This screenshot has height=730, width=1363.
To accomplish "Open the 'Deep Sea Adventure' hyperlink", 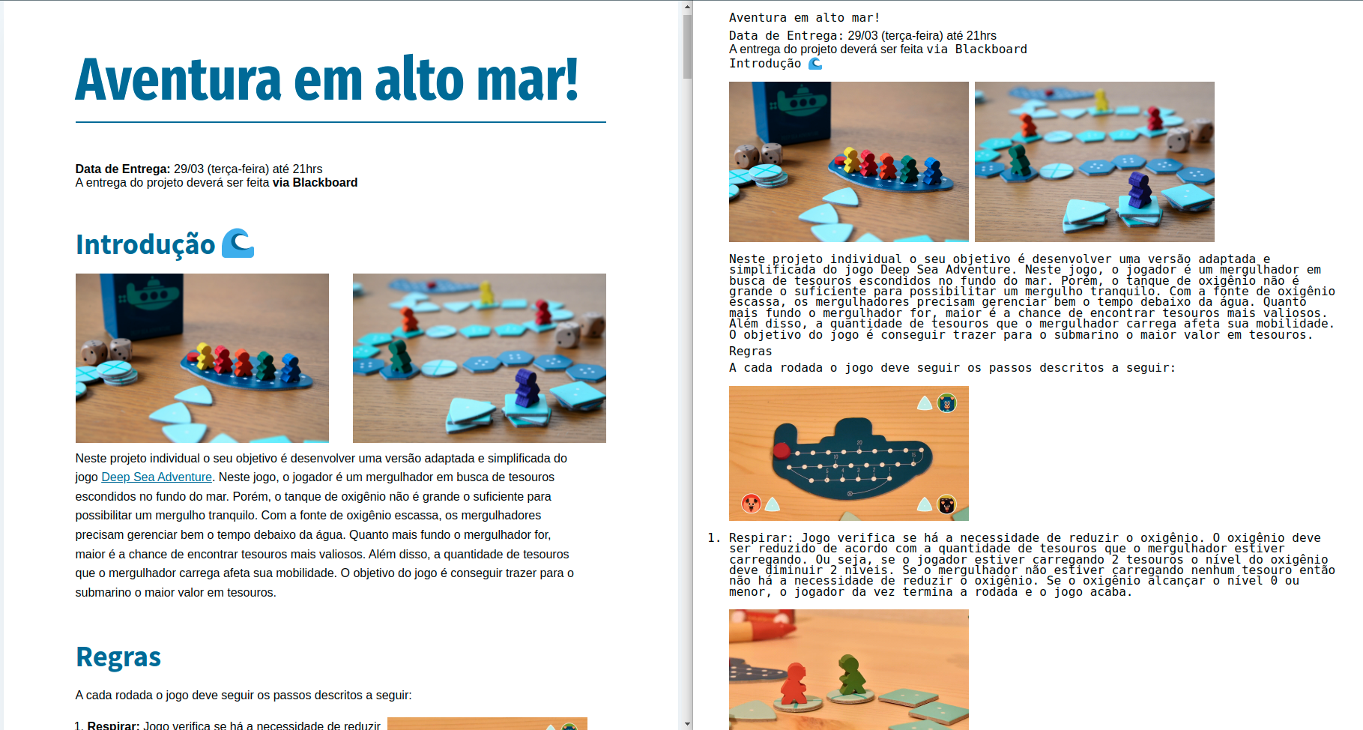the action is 157,477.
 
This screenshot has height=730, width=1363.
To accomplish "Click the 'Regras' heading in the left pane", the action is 118,657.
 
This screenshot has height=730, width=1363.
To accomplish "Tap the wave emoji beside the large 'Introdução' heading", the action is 238,244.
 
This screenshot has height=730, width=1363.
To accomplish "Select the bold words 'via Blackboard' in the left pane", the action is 315,182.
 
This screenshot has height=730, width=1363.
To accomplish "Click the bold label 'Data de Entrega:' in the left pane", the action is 123,169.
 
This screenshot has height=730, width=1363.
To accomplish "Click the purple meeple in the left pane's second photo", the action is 527,387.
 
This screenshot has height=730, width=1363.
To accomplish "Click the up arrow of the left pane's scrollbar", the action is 687,7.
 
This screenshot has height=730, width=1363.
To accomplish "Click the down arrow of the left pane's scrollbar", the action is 687,724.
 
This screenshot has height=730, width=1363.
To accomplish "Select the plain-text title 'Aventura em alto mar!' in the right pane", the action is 804,17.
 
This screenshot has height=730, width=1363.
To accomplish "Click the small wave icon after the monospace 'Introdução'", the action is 815,63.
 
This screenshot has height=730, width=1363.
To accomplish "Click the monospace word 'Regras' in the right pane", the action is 750,351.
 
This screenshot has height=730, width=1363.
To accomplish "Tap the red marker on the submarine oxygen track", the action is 782,450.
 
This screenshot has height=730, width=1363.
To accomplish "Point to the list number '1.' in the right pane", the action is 714,537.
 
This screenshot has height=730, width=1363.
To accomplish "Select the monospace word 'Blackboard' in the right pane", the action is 991,49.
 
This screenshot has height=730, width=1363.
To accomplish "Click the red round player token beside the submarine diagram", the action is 751,503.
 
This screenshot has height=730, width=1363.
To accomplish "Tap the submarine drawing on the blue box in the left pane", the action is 153,294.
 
